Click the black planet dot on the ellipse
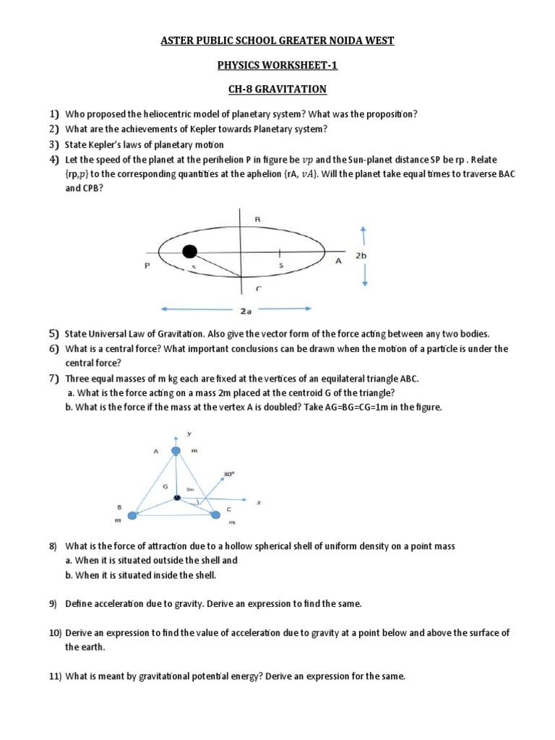click(x=189, y=251)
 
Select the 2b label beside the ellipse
click(x=361, y=256)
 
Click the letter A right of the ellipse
click(x=337, y=262)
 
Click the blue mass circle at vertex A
click(x=176, y=452)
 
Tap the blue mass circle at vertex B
click(x=132, y=515)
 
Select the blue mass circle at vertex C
click(x=215, y=515)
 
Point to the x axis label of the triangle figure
click(x=259, y=502)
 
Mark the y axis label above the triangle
click(x=188, y=434)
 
